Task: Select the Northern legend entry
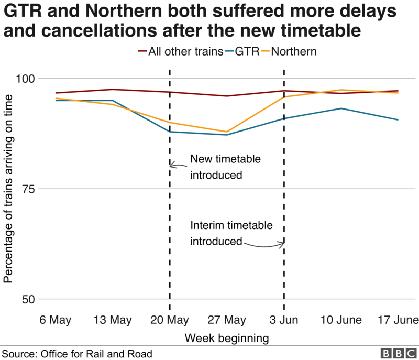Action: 290,52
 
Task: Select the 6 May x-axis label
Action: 56,320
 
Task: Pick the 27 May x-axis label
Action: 227,320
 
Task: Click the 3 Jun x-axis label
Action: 284,320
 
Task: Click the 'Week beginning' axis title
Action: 226,338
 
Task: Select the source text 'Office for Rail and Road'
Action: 100,354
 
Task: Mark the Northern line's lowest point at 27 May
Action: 227,132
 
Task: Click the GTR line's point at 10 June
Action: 341,108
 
